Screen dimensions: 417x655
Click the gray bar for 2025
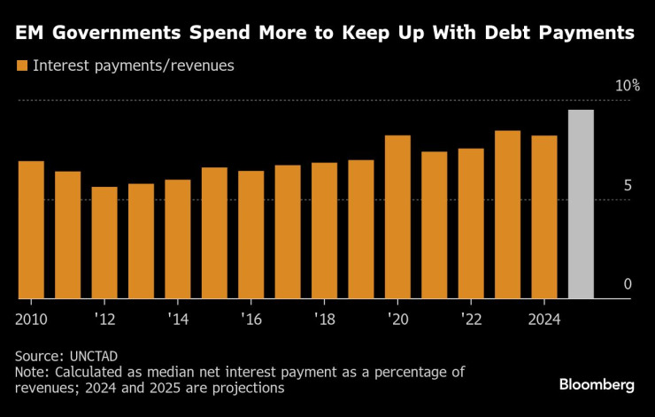pyautogui.click(x=581, y=205)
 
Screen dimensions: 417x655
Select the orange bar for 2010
pyautogui.click(x=31, y=230)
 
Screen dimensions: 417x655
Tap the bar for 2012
pyautogui.click(x=104, y=243)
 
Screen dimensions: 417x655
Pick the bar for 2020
pyautogui.click(x=397, y=217)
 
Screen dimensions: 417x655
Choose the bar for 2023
pyautogui.click(x=507, y=215)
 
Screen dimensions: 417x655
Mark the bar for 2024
pyautogui.click(x=543, y=217)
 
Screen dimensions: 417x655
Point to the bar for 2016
pyautogui.click(x=250, y=235)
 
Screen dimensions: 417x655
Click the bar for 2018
pyautogui.click(x=324, y=231)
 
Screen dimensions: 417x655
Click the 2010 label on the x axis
pyautogui.click(x=31, y=317)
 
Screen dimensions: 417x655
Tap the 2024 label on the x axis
pyautogui.click(x=543, y=317)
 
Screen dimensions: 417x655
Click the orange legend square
pyautogui.click(x=21, y=66)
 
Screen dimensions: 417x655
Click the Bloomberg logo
pyautogui.click(x=597, y=384)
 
